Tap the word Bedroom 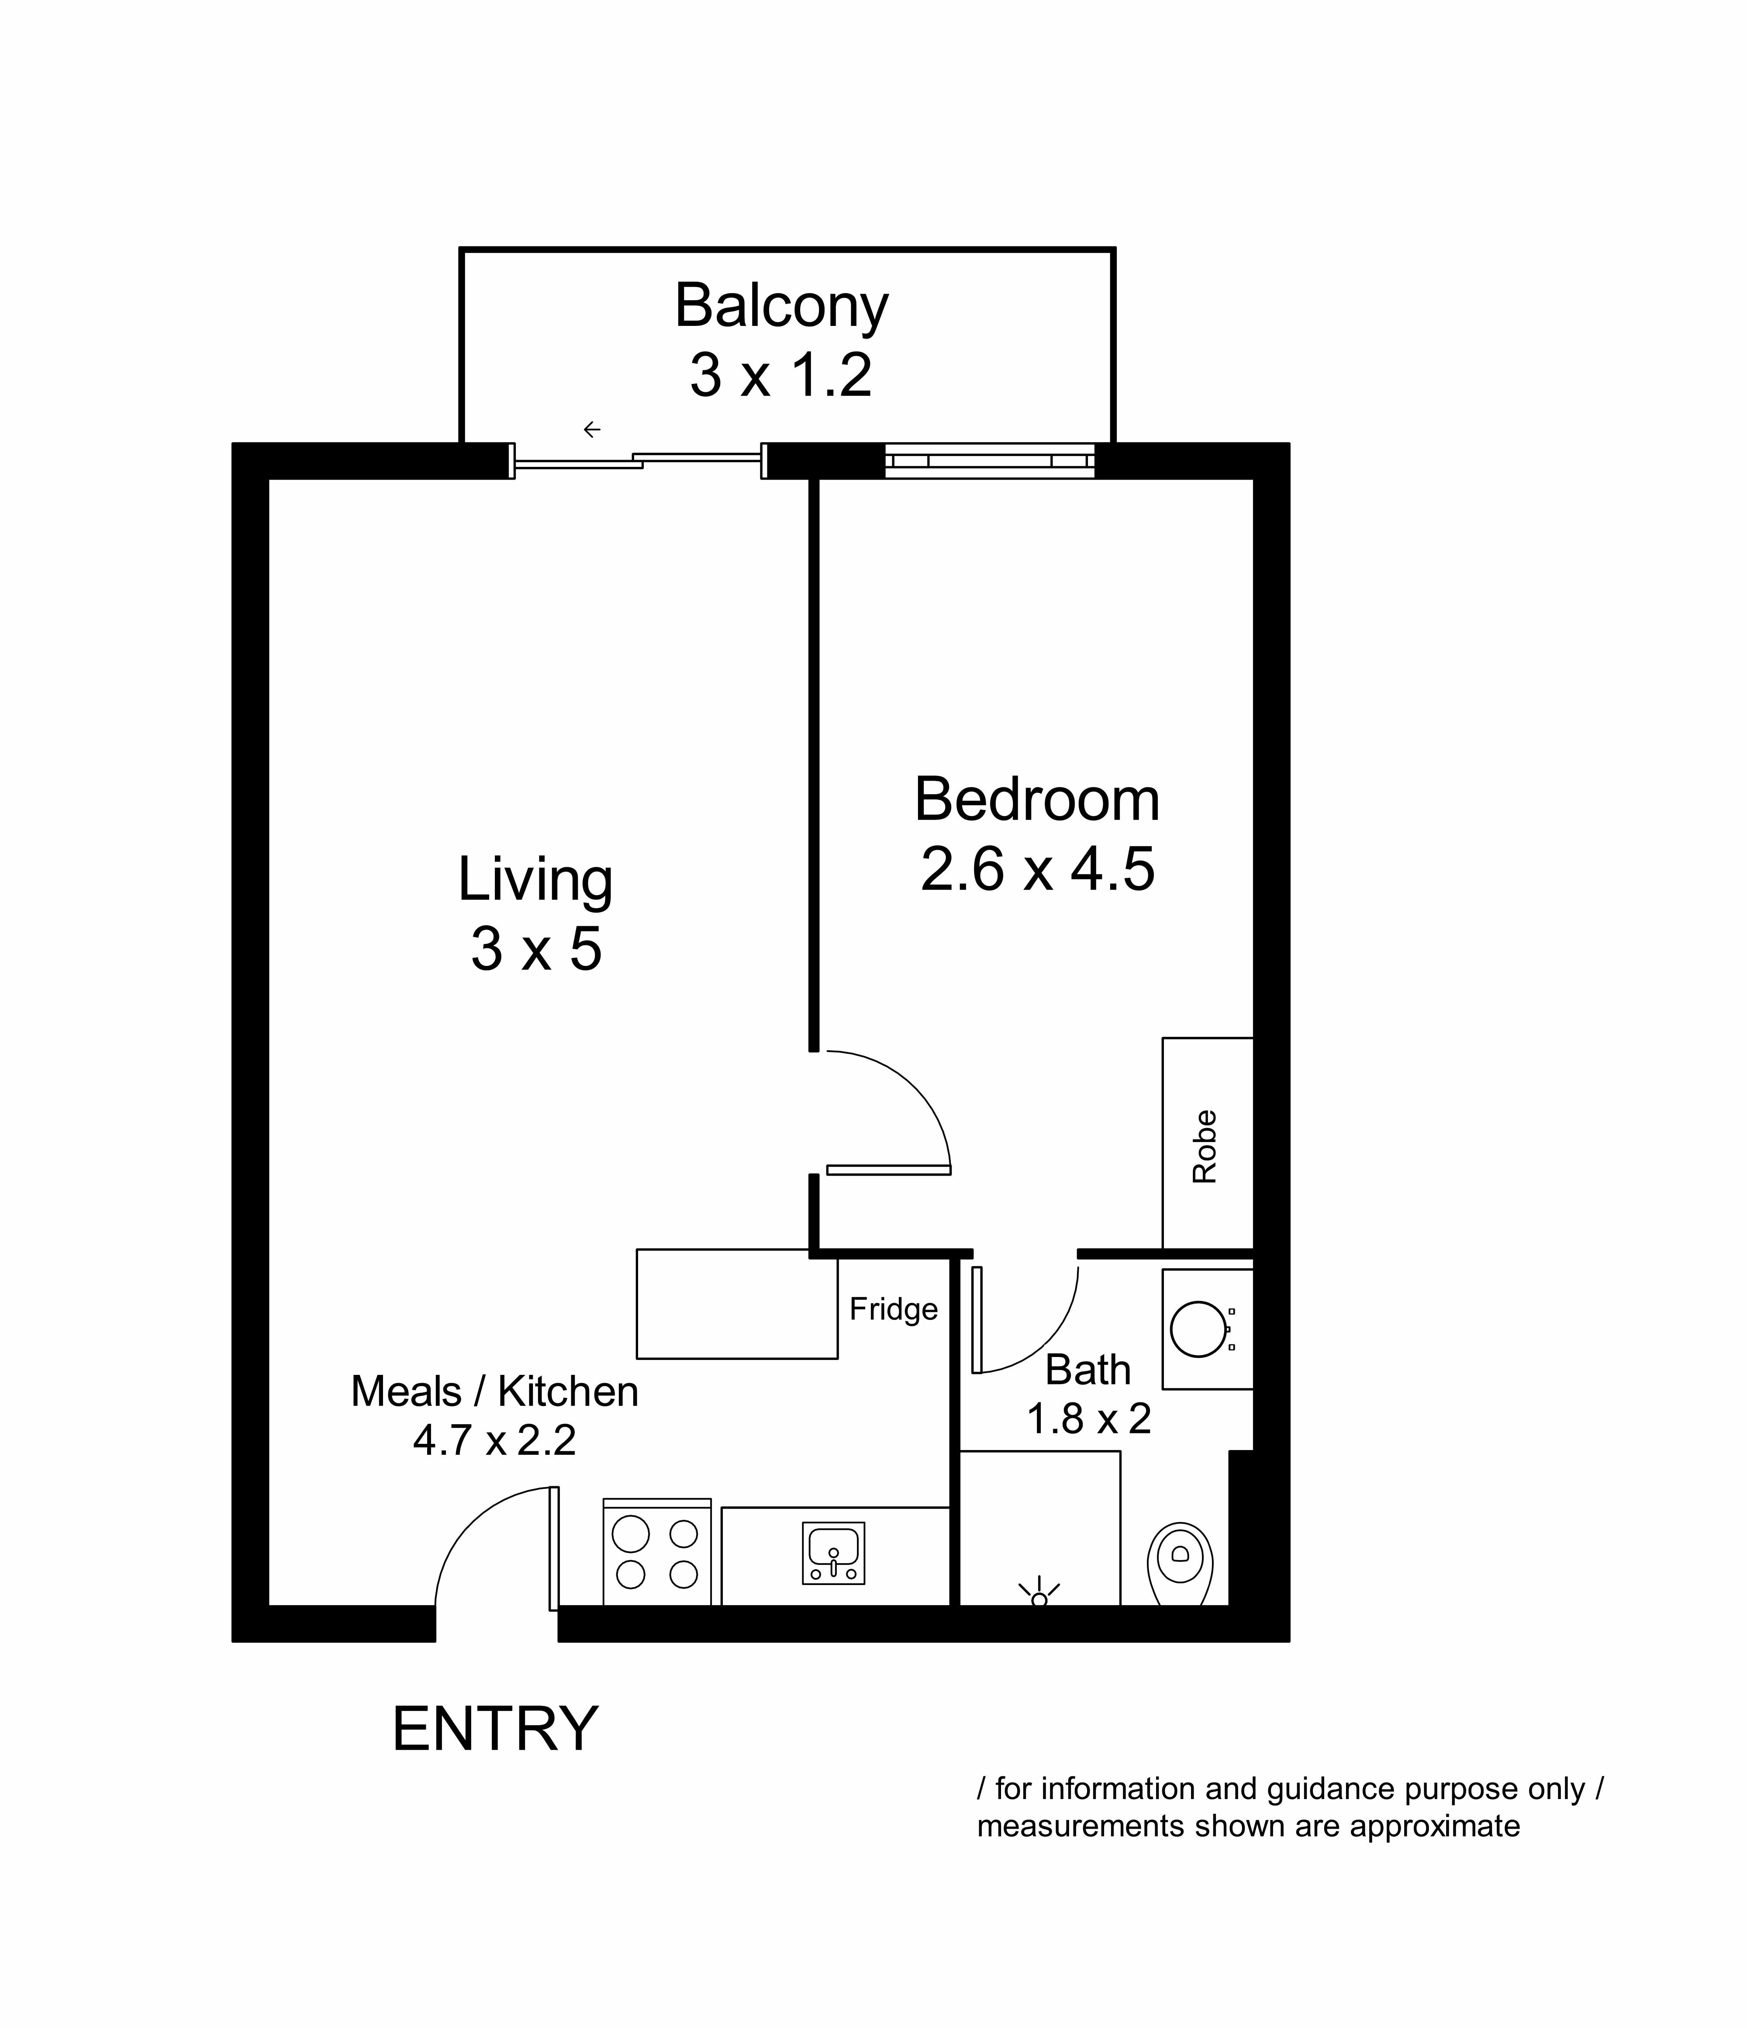pos(1037,799)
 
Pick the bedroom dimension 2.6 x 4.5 pos(1037,869)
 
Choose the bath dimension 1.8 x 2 pos(1088,1418)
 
